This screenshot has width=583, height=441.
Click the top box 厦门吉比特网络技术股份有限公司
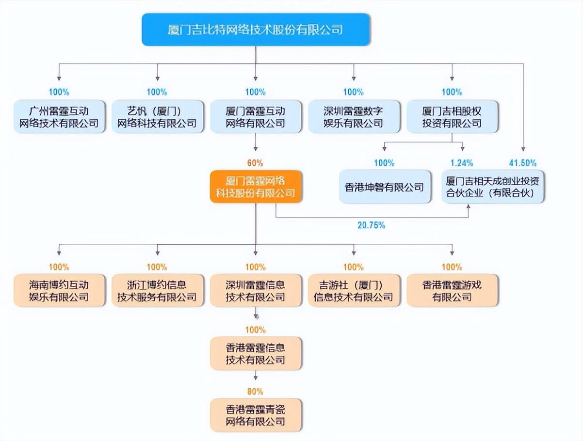coord(256,30)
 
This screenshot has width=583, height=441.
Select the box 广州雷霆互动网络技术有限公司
coord(59,117)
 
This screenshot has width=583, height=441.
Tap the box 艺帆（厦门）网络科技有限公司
coord(157,117)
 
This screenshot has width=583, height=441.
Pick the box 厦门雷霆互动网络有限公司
coord(256,117)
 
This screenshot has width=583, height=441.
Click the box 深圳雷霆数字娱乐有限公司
coord(354,117)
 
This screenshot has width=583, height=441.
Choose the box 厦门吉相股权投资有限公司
coord(452,117)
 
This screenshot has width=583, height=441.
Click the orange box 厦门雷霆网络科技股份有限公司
coord(256,187)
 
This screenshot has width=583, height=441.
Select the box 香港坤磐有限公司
coord(385,187)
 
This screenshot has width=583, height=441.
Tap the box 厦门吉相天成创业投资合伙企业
coord(493,187)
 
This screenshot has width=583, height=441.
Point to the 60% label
coord(256,163)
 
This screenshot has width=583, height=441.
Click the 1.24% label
coord(462,163)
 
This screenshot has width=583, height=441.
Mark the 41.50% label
coord(523,163)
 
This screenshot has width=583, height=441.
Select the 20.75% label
coord(372,225)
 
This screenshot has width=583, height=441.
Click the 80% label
coord(256,391)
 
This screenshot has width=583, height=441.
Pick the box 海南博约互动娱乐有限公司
coord(59,290)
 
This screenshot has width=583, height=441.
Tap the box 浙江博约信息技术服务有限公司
coord(157,290)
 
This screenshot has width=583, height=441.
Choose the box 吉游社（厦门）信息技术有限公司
coord(354,290)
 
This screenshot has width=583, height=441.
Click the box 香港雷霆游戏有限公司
coord(452,290)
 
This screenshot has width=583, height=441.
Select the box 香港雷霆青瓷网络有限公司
coord(256,415)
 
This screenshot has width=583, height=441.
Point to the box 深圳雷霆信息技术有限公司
coord(256,290)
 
